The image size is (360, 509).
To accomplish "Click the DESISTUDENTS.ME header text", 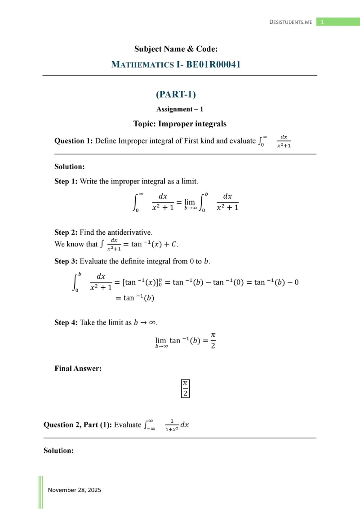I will (290, 22).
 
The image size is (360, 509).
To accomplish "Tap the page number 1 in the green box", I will (322, 22).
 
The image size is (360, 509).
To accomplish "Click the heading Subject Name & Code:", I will (179, 49).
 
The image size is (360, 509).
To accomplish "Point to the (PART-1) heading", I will (176, 94).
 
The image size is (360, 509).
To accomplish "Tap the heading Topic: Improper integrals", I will (180, 123).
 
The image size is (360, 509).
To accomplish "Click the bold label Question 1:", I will (74, 141).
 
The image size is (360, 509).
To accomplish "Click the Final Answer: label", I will (78, 369).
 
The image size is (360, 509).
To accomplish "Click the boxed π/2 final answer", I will (185, 388).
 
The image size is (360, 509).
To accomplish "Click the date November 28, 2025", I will (74, 490).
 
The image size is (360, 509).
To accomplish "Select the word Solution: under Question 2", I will (58, 450).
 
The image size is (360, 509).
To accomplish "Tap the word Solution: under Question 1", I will (70, 167).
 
